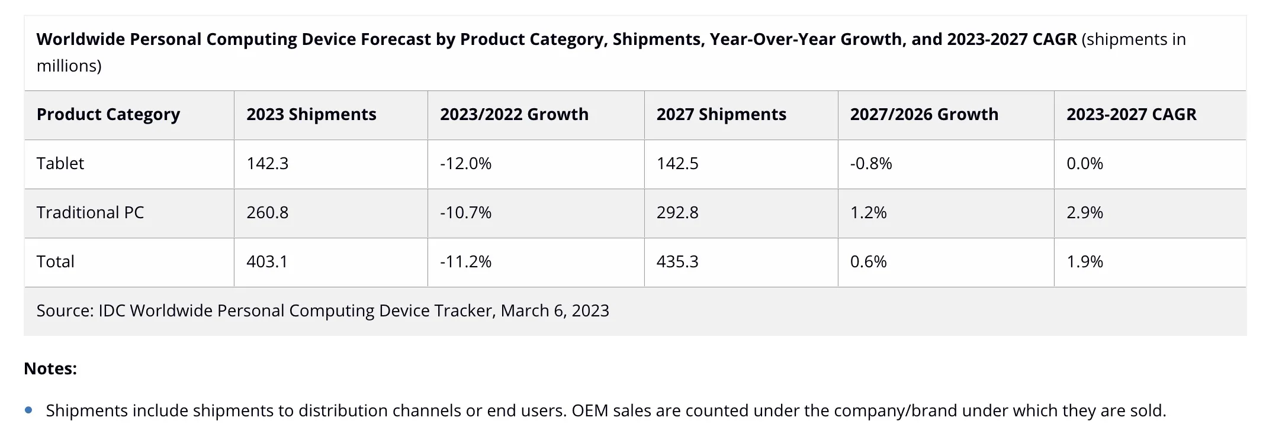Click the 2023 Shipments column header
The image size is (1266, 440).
pyautogui.click(x=311, y=115)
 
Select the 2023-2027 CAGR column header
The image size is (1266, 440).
pyautogui.click(x=1131, y=115)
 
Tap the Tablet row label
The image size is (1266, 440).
pyautogui.click(x=60, y=164)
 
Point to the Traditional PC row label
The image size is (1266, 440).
pyautogui.click(x=90, y=213)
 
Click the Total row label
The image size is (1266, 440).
pyautogui.click(x=56, y=262)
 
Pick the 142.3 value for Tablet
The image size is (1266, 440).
pyautogui.click(x=267, y=164)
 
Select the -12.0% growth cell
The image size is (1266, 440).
pyautogui.click(x=465, y=164)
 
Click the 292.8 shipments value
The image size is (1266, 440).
pyautogui.click(x=677, y=213)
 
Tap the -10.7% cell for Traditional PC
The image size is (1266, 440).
pyautogui.click(x=465, y=213)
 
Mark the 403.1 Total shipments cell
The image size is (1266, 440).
pyautogui.click(x=267, y=262)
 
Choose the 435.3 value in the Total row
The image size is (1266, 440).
pyautogui.click(x=677, y=262)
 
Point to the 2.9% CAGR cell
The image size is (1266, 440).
pyautogui.click(x=1085, y=213)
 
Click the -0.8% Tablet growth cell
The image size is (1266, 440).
pyautogui.click(x=871, y=164)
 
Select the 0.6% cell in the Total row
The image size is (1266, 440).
pyautogui.click(x=868, y=262)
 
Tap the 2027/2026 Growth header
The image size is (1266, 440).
pyautogui.click(x=924, y=115)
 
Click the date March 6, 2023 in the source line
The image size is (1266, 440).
pyautogui.click(x=555, y=311)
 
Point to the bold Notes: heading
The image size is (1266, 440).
pyautogui.click(x=50, y=369)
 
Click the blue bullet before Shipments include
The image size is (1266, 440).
pyautogui.click(x=28, y=410)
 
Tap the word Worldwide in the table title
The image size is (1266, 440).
pyautogui.click(x=81, y=40)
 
